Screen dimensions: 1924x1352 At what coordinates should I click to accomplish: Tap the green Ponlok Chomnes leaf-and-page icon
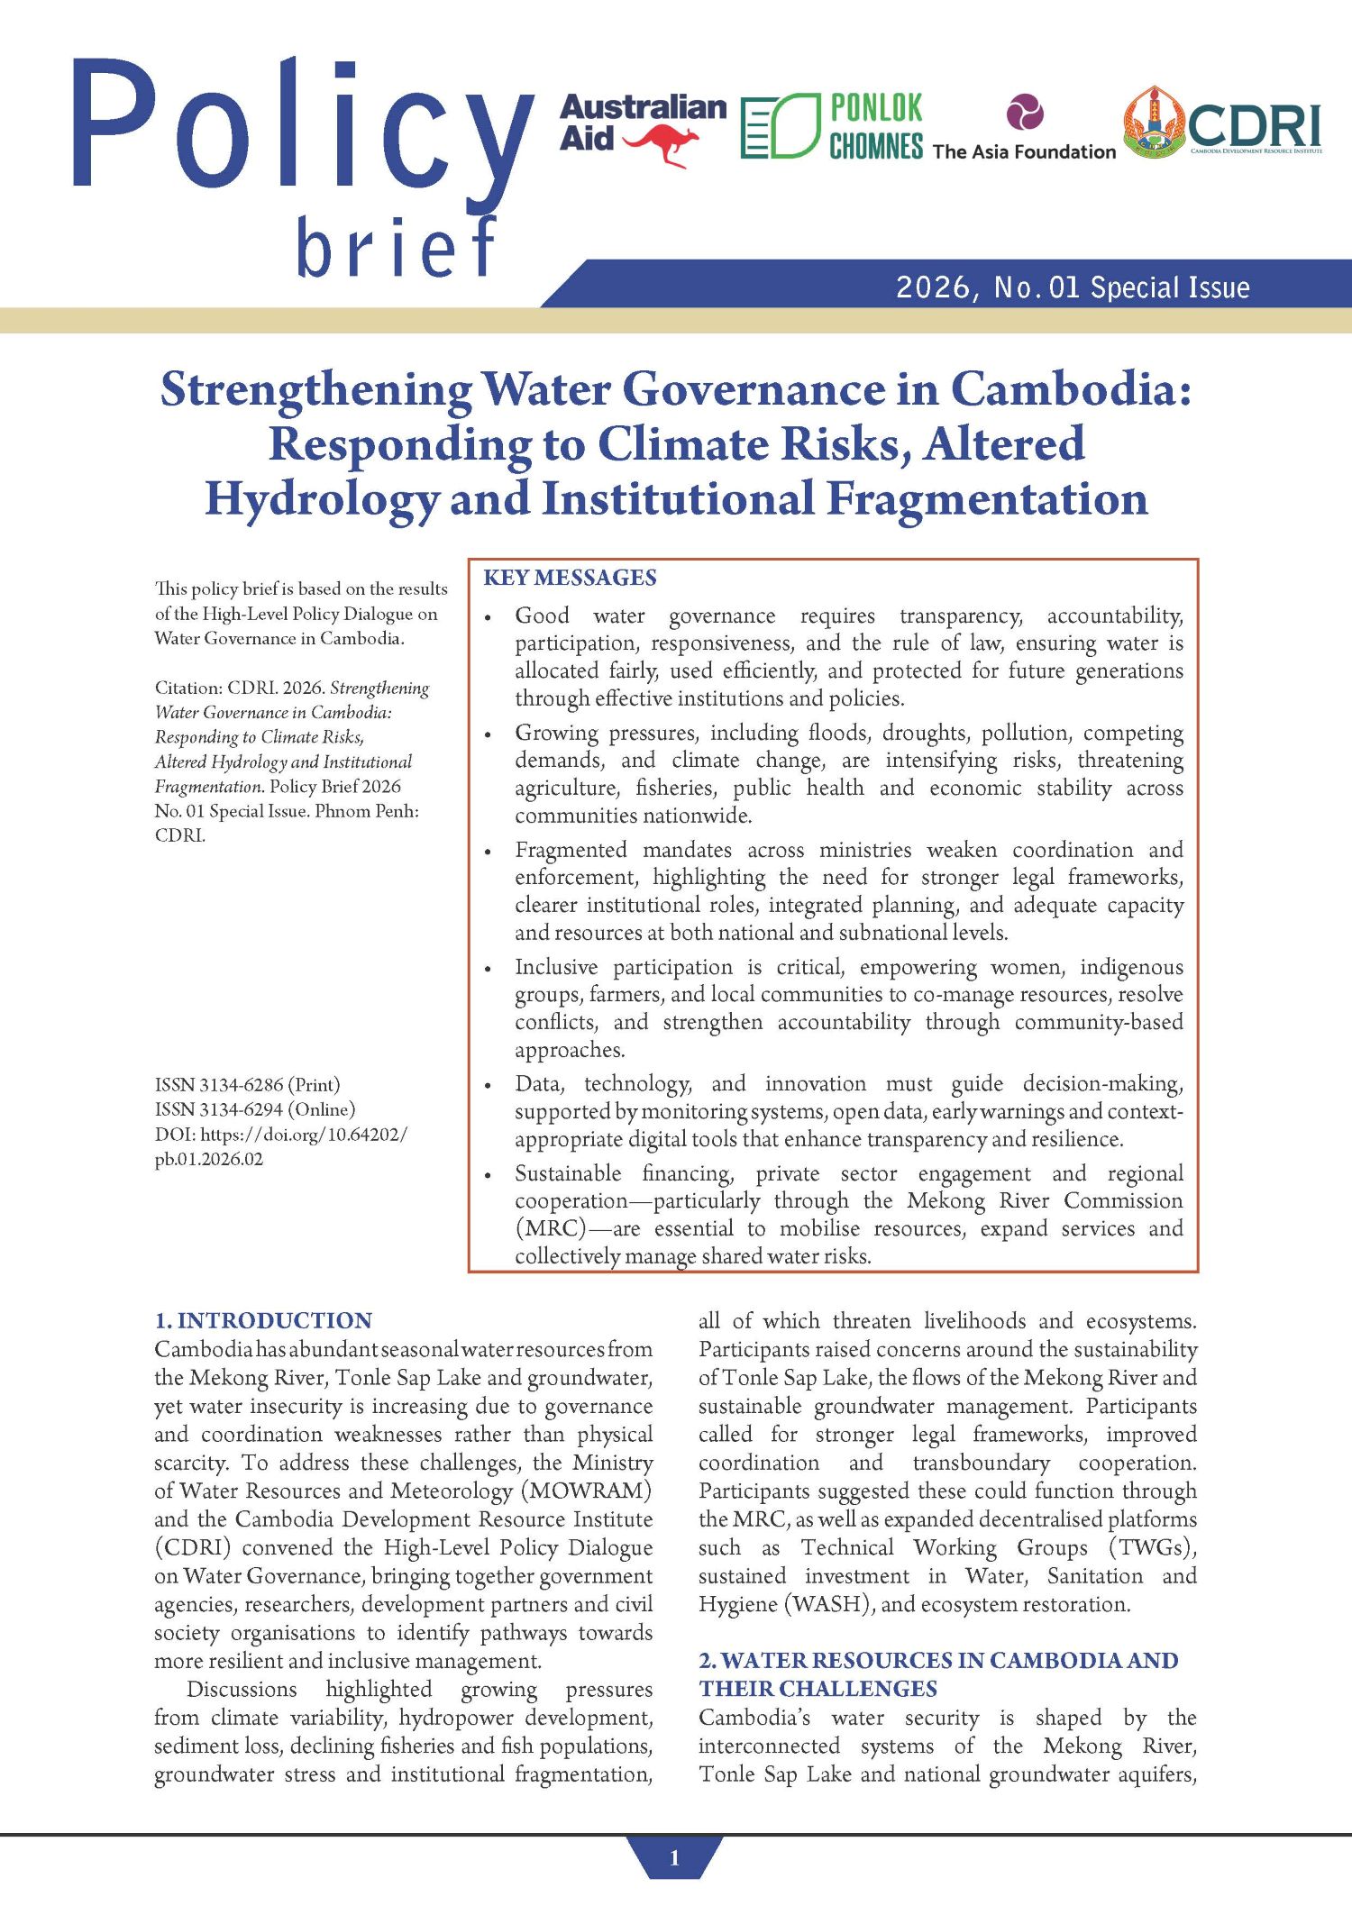click(x=780, y=126)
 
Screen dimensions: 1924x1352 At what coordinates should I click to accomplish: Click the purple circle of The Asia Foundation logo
click(x=1025, y=113)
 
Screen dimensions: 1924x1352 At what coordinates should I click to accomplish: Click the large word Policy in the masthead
click(x=302, y=126)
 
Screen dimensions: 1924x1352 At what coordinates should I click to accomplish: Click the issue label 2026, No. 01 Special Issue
click(x=1072, y=287)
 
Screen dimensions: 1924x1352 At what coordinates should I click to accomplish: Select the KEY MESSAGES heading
click(x=570, y=578)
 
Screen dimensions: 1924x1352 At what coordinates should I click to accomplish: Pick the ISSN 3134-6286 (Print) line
click(x=247, y=1085)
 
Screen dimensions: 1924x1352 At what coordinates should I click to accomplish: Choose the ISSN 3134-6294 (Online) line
click(x=255, y=1109)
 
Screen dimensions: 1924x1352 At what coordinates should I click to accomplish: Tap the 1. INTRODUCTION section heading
click(x=263, y=1321)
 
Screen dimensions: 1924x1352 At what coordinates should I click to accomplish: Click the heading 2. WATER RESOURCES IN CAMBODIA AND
click(x=938, y=1660)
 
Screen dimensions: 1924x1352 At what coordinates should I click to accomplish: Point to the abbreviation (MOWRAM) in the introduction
click(x=586, y=1491)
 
